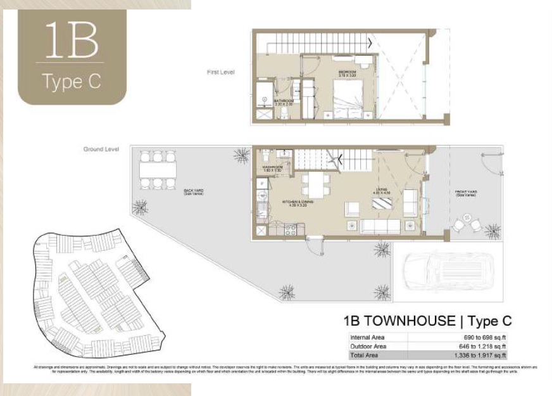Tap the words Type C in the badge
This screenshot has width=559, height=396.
click(71, 82)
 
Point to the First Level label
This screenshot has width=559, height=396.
click(221, 72)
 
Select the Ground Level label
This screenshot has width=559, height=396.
click(102, 150)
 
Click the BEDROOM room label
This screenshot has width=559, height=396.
click(348, 74)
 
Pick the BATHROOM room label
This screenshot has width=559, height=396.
click(284, 102)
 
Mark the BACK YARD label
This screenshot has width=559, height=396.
click(192, 191)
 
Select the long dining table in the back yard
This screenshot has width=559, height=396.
click(156, 170)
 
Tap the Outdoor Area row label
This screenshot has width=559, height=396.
click(368, 347)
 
